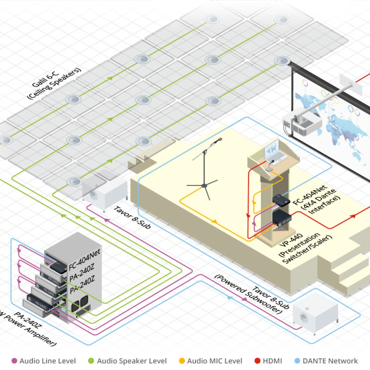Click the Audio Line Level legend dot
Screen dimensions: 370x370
pyautogui.click(x=14, y=361)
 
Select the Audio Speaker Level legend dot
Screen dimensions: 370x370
pyautogui.click(x=91, y=361)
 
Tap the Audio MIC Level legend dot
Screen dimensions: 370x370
pyautogui.click(x=182, y=361)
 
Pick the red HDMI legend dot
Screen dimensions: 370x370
pyautogui.click(x=257, y=361)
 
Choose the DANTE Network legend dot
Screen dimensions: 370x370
pyautogui.click(x=297, y=361)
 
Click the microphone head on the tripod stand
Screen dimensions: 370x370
pyautogui.click(x=218, y=140)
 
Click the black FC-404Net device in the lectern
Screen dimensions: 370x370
pyautogui.click(x=281, y=200)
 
